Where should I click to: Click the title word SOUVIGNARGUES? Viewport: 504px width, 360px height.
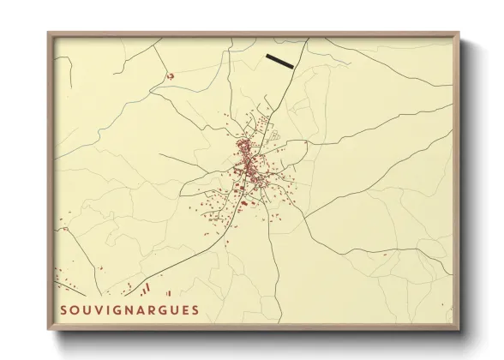129,309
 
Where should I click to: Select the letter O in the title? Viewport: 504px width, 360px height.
74,309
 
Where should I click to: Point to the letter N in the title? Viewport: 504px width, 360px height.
126,309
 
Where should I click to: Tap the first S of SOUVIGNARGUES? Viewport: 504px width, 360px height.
63,309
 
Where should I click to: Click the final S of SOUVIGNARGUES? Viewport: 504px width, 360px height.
195,309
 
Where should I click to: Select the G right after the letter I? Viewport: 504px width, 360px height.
114,309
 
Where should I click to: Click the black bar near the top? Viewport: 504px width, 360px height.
279,61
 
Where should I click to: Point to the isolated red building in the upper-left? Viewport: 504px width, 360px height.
170,76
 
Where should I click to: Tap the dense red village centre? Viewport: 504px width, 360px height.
247,159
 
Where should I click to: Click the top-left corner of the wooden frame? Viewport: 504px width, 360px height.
48,33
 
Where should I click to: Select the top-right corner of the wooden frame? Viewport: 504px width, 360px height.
459,33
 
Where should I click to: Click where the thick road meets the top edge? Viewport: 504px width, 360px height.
307,39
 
